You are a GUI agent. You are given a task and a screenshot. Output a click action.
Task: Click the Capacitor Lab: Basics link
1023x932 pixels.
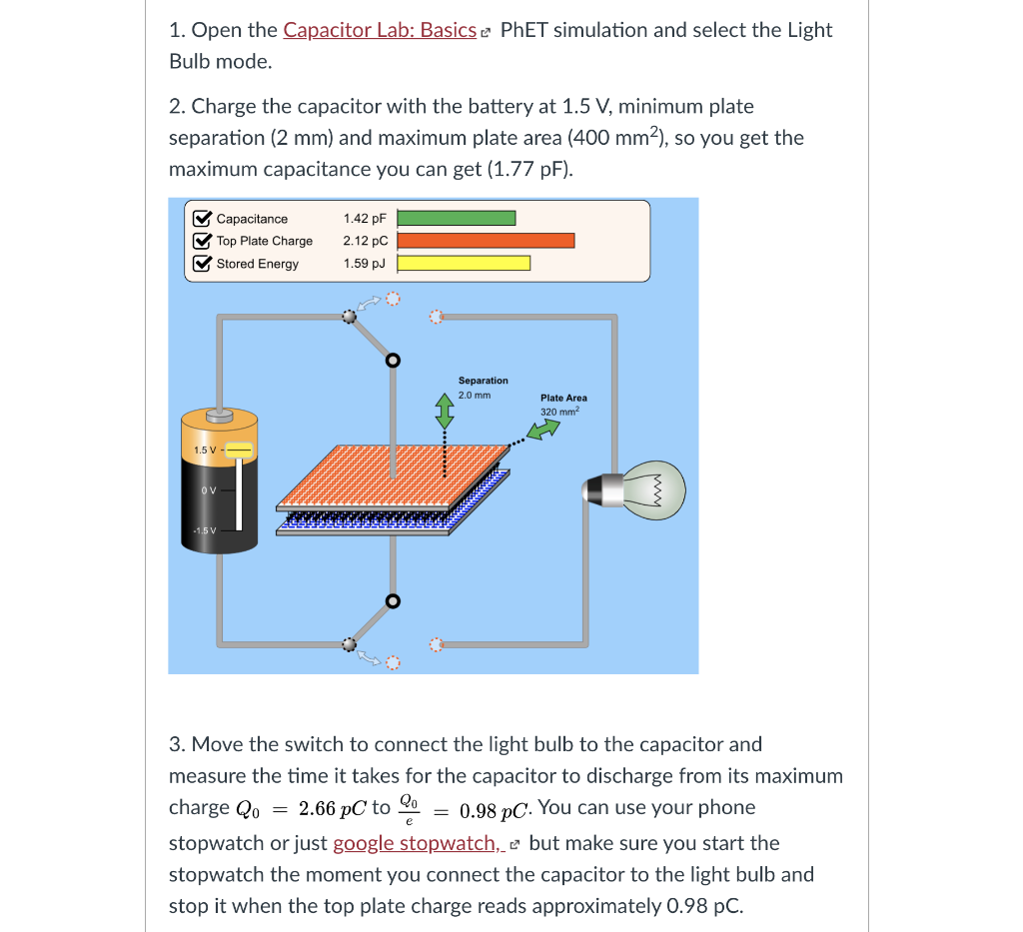[x=379, y=30]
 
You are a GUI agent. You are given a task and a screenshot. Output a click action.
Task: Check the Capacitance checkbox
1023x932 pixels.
[x=201, y=219]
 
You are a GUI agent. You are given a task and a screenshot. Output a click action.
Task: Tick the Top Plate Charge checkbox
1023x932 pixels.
[x=201, y=241]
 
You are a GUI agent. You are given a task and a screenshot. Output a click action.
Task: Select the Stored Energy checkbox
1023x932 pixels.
[x=201, y=264]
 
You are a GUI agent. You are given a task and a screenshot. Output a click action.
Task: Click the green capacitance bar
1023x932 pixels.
[x=457, y=219]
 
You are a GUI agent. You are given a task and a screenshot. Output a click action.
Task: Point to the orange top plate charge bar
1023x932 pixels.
[x=487, y=241]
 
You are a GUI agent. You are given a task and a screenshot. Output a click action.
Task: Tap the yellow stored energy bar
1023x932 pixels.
[x=465, y=264]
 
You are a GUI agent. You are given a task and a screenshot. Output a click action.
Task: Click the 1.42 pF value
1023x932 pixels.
[x=364, y=219]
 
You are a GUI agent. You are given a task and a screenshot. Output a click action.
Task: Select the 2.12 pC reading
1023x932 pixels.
[x=365, y=241]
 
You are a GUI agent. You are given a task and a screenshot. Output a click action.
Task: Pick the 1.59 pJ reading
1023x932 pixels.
[x=364, y=264]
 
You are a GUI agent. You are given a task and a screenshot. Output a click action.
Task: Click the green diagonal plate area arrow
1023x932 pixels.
[x=543, y=430]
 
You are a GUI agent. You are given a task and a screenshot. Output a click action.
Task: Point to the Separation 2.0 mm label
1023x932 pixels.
[x=483, y=388]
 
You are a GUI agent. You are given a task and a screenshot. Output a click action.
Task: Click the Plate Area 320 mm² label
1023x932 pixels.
[x=563, y=405]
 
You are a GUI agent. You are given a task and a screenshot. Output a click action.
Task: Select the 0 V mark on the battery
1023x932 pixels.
[x=206, y=489]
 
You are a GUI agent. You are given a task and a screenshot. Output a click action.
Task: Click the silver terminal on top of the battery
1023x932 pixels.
[x=219, y=413]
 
